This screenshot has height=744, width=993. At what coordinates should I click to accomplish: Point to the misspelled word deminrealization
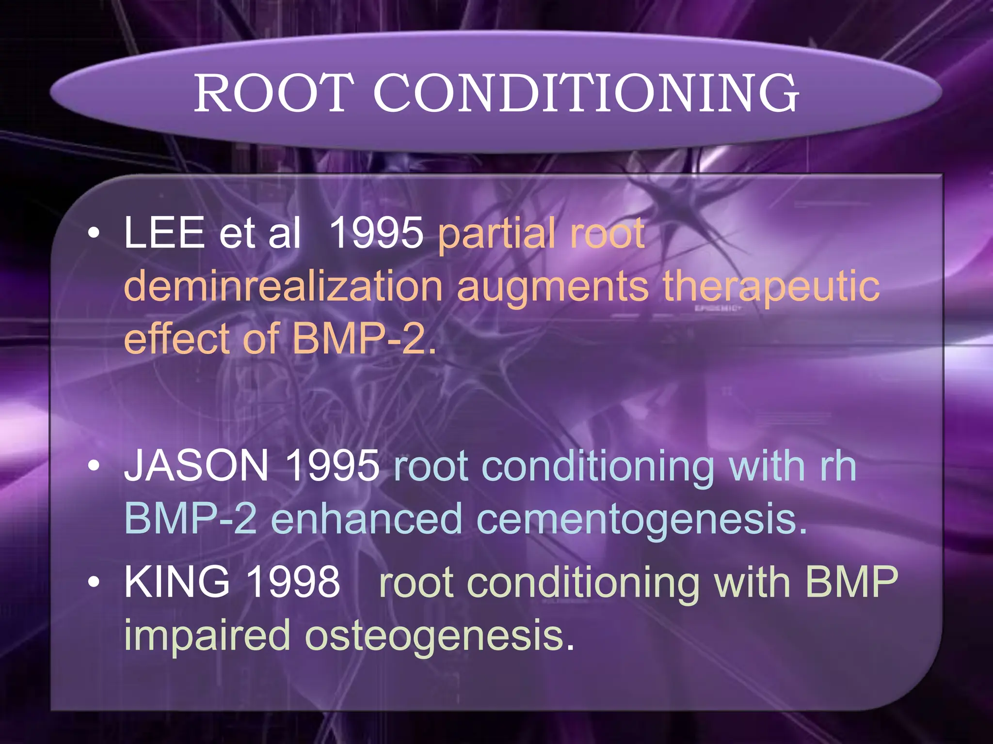(284, 287)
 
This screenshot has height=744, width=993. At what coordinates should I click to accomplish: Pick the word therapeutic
(771, 287)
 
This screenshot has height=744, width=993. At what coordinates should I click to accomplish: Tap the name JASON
(196, 465)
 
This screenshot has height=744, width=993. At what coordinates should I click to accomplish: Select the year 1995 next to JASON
(332, 465)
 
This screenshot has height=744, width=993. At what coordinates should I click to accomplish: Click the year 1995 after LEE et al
(376, 233)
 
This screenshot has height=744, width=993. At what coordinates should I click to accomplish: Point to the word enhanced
(366, 519)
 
